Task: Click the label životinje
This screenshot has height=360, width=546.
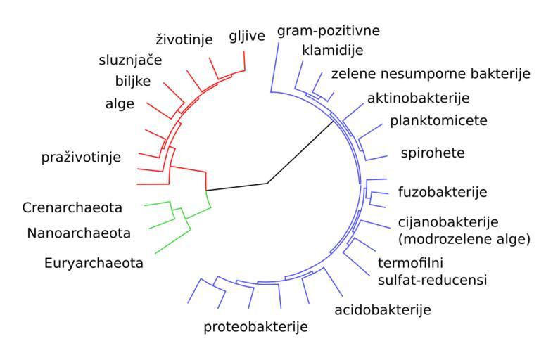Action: tap(184, 39)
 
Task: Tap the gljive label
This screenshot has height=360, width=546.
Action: tap(247, 36)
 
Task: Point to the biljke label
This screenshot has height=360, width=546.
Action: tap(133, 80)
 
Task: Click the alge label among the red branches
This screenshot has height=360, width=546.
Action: tap(119, 104)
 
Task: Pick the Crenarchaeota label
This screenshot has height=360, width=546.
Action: tap(72, 207)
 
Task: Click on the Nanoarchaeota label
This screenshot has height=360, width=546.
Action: tap(79, 232)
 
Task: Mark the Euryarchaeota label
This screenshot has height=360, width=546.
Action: tap(92, 264)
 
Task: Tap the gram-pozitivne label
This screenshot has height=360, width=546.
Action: tap(329, 31)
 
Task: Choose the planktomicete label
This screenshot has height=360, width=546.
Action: tap(438, 120)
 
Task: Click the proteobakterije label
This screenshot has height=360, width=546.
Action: tap(256, 327)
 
